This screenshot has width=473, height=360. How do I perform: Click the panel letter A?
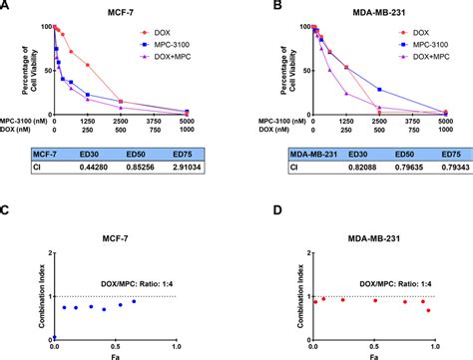coord(7,7)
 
